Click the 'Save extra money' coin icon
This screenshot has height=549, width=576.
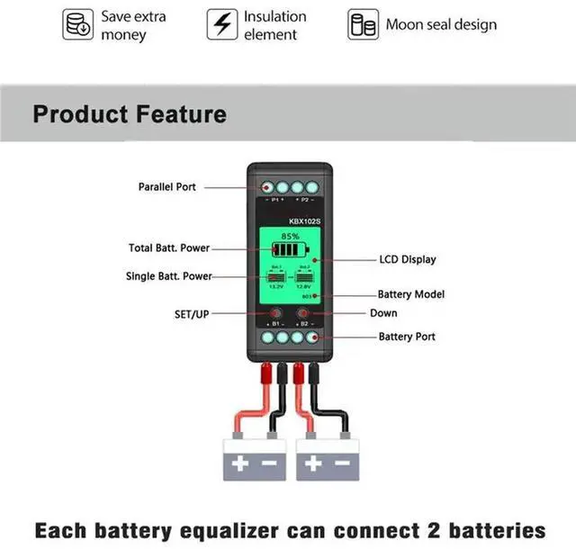(x=77, y=25)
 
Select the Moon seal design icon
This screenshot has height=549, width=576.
(x=362, y=25)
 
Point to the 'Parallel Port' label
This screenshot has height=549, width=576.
(x=166, y=186)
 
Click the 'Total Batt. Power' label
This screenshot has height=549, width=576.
(x=170, y=247)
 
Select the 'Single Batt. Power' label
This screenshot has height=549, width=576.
(x=169, y=276)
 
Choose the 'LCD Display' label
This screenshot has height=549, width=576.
(x=407, y=259)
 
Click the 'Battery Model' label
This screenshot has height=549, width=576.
(x=409, y=294)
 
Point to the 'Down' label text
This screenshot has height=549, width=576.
(x=383, y=313)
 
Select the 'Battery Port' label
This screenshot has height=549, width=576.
(x=406, y=337)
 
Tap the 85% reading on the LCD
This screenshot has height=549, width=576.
(x=290, y=236)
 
